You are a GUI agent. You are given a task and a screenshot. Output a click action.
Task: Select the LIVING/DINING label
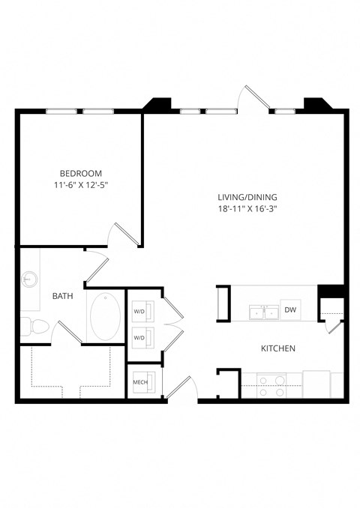point(241,198)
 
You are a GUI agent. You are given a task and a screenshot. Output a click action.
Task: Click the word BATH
point(62,297)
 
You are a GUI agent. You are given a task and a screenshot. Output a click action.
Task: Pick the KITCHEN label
point(277,348)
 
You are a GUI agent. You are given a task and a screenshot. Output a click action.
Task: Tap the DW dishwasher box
point(289,310)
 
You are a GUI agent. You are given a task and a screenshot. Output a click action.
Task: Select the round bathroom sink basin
point(29,279)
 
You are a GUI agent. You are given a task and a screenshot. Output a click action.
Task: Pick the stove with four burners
point(271,385)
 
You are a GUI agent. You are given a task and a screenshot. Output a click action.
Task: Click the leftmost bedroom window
point(61,112)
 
